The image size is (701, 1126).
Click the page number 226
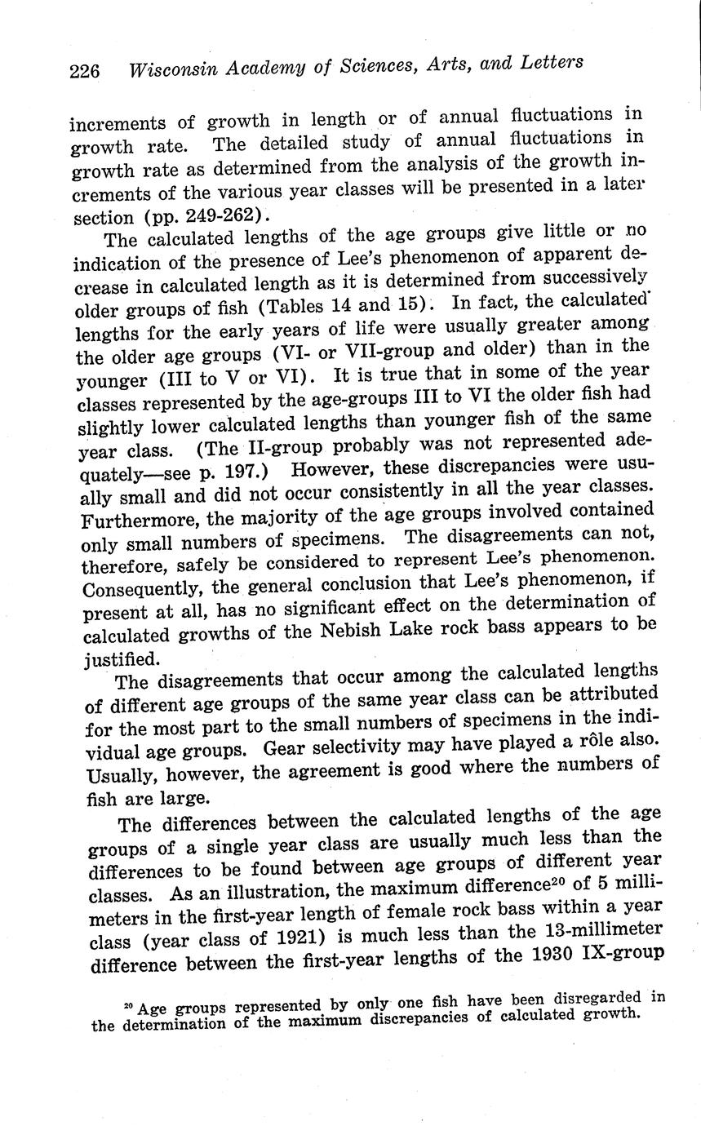click(84, 71)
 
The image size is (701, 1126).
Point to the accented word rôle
click(597, 743)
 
